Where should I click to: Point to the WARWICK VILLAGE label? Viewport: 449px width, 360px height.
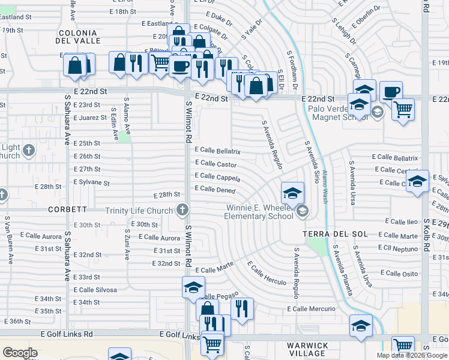pos(307,350)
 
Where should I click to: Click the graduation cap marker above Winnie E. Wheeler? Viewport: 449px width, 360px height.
pos(292,193)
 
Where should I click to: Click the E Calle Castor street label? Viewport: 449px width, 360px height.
pos(215,164)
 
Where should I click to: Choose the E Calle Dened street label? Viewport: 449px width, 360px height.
pos(215,189)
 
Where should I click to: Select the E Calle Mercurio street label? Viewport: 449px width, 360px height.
pos(311,309)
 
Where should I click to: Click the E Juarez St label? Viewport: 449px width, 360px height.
pos(90,118)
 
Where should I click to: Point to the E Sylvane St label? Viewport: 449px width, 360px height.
pos(91,182)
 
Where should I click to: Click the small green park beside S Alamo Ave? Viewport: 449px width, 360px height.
pos(124,137)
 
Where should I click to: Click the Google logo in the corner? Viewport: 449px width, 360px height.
pos(20,353)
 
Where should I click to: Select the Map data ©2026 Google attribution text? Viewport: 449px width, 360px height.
pos(411,355)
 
